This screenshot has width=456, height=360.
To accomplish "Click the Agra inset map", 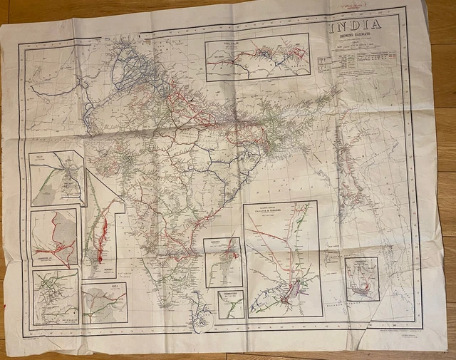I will [x=104, y=303].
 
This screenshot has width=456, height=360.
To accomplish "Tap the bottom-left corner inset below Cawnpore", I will [x=55, y=297].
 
